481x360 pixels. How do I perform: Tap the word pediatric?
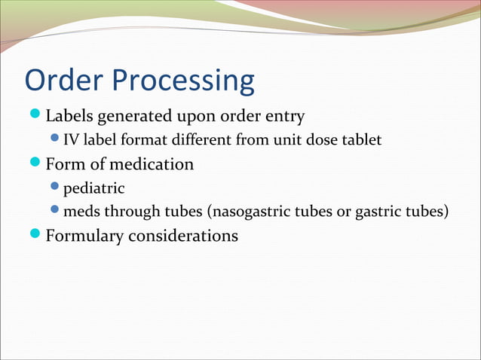pos(93,188)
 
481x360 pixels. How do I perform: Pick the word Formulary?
pos(84,236)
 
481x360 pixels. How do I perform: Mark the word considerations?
pos(183,236)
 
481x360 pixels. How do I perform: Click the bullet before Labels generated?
pos(36,116)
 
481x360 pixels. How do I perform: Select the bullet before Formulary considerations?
pos(36,235)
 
